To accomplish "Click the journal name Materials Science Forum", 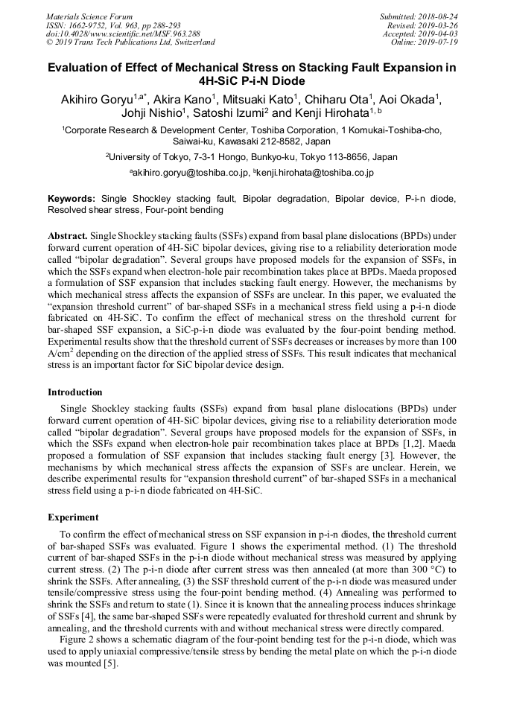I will click(x=89, y=16).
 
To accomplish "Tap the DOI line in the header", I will click(x=123, y=34).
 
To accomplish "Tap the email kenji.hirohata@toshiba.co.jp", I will click(x=316, y=173).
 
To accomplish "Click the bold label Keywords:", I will click(x=72, y=199).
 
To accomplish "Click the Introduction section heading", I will click(x=75, y=392).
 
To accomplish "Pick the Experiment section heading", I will click(x=73, y=517).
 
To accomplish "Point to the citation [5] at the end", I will click(x=110, y=664).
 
